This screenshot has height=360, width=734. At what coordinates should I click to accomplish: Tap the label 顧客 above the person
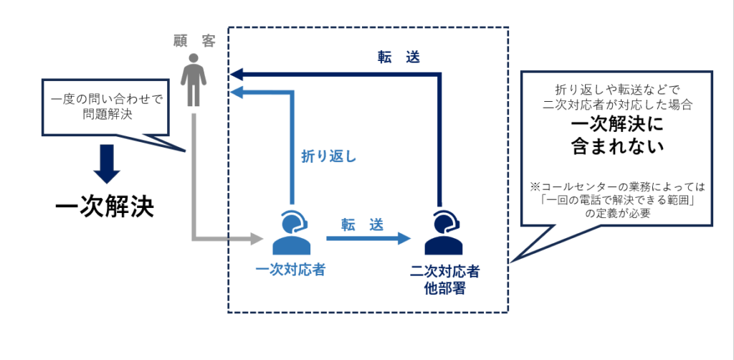coord(194,41)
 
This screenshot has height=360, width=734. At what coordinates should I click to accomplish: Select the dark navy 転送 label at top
coord(398,57)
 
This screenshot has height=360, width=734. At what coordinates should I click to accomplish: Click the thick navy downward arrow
coord(108,165)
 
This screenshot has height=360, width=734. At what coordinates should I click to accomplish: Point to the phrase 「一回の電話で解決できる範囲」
coord(617,199)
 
